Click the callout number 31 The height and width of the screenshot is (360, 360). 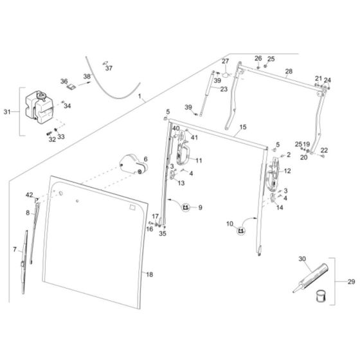[8, 112]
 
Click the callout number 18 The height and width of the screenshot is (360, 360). [150, 274]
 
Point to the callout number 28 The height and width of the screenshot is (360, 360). [288, 71]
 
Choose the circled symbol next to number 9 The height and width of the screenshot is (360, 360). [186, 207]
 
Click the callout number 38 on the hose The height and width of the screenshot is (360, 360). [88, 76]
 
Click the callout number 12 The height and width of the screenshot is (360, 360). [287, 171]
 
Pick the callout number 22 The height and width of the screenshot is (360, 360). [324, 150]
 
